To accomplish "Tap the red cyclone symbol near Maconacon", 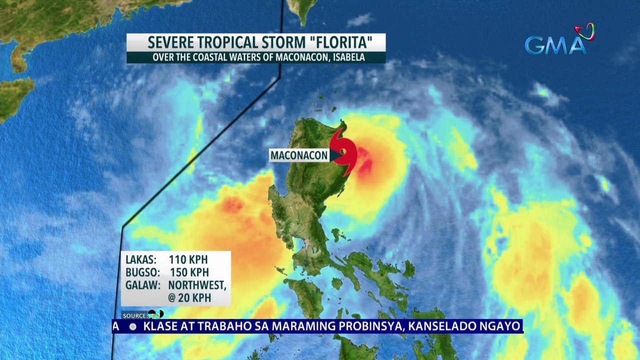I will point(344,151).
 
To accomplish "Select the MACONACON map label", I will point(299,155).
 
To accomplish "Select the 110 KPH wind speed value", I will point(188,260).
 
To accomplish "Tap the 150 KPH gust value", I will point(189,273).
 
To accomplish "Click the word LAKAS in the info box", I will point(141,260).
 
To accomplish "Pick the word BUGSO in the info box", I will point(142,273).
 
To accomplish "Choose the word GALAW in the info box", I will point(143,285).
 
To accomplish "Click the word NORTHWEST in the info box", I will point(197,285).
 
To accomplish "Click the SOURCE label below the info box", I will point(134,316).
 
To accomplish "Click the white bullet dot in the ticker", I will point(133,326).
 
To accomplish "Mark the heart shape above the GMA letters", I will point(584,31).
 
